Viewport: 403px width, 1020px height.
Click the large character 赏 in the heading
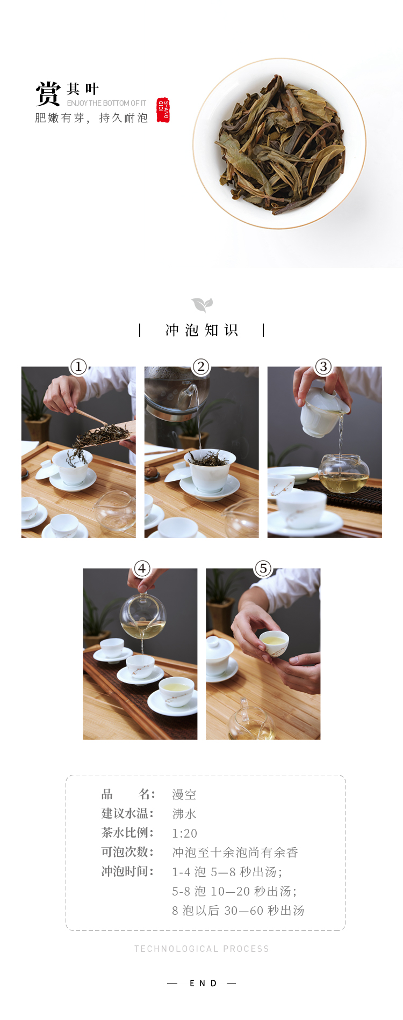[x=48, y=94]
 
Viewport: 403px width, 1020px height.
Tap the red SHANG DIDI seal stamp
[x=163, y=110]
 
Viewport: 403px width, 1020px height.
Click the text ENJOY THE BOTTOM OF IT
[x=106, y=103]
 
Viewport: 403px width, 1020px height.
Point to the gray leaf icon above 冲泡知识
[x=202, y=305]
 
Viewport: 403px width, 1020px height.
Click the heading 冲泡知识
[x=201, y=330]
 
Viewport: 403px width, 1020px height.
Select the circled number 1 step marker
[x=78, y=366]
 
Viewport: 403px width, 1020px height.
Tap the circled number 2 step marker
[x=201, y=366]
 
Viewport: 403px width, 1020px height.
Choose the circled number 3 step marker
[x=323, y=366]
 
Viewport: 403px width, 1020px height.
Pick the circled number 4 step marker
[x=142, y=568]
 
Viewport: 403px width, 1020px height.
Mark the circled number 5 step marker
[x=263, y=568]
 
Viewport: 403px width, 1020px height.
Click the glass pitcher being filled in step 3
[x=344, y=474]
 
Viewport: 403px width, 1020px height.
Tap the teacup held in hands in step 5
[x=274, y=643]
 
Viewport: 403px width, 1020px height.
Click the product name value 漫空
[x=184, y=795]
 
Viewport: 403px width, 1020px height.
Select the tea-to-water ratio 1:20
[x=185, y=833]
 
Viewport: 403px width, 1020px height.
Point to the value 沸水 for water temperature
[x=184, y=814]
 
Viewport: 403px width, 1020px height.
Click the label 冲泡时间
[x=127, y=871]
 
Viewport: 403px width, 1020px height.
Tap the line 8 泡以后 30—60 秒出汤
[x=238, y=911]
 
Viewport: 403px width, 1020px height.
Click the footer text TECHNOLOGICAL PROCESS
[x=201, y=949]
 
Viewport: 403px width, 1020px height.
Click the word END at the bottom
[x=203, y=983]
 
